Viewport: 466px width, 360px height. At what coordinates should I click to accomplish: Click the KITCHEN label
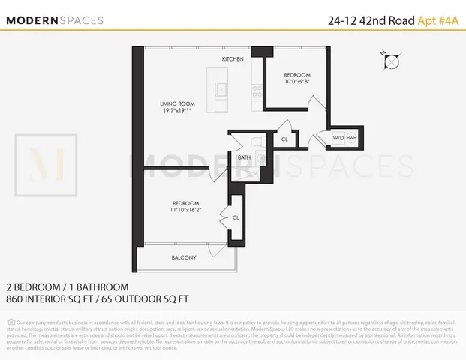(233, 58)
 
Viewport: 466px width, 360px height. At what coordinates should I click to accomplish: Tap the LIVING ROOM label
(177, 104)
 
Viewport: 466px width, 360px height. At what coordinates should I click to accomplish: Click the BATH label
(244, 157)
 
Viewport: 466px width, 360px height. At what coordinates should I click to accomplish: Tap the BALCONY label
(184, 257)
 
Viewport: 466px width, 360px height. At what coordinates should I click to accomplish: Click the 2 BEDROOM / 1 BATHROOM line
(67, 286)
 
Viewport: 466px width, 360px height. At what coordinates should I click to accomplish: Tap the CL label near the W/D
(284, 139)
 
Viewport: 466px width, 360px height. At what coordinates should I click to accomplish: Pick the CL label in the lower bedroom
(235, 218)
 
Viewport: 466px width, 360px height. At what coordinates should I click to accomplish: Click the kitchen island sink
(221, 89)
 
